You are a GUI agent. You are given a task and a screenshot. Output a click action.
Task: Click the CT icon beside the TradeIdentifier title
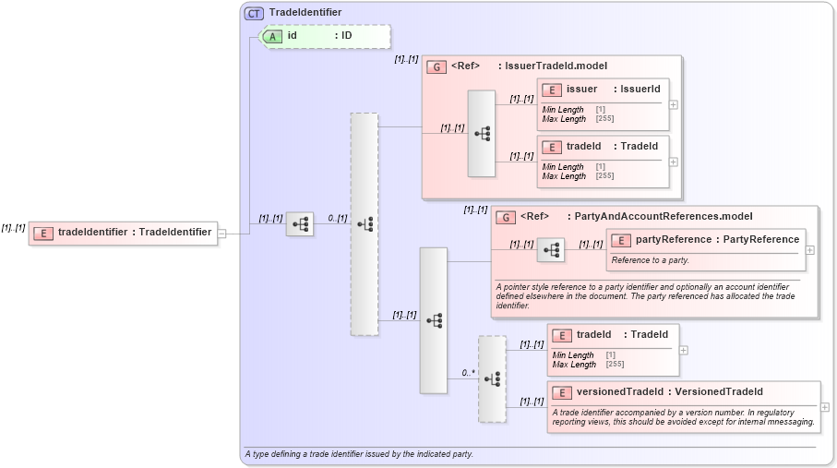pyautogui.click(x=254, y=13)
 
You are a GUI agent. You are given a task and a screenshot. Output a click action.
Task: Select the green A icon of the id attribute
pyautogui.click(x=272, y=36)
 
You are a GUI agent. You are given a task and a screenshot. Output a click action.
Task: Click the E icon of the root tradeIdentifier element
pyautogui.click(x=42, y=233)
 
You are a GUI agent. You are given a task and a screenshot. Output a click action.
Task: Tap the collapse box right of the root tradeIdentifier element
pyautogui.click(x=222, y=234)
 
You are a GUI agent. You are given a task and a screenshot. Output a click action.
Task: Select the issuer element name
pyautogui.click(x=581, y=89)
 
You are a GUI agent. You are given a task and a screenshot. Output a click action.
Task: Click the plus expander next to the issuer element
pyautogui.click(x=674, y=104)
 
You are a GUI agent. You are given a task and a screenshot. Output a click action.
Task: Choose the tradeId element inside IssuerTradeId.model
pyautogui.click(x=583, y=146)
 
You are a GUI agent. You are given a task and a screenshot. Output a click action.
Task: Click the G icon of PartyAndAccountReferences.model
pyautogui.click(x=506, y=217)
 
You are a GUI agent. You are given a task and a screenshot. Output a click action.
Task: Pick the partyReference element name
pyautogui.click(x=674, y=240)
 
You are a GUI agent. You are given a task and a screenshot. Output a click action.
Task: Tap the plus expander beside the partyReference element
pyautogui.click(x=810, y=249)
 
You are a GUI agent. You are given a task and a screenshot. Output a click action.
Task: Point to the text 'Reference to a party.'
pyautogui.click(x=651, y=260)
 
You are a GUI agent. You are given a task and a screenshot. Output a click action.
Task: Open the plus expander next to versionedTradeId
pyautogui.click(x=825, y=407)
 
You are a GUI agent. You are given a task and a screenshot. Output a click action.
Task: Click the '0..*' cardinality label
pyautogui.click(x=468, y=373)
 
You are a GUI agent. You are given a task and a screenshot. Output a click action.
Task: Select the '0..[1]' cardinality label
pyautogui.click(x=337, y=219)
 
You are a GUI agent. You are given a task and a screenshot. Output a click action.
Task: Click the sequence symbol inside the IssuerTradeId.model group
pyautogui.click(x=482, y=134)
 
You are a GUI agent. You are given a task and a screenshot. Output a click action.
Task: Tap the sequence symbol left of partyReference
pyautogui.click(x=551, y=250)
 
